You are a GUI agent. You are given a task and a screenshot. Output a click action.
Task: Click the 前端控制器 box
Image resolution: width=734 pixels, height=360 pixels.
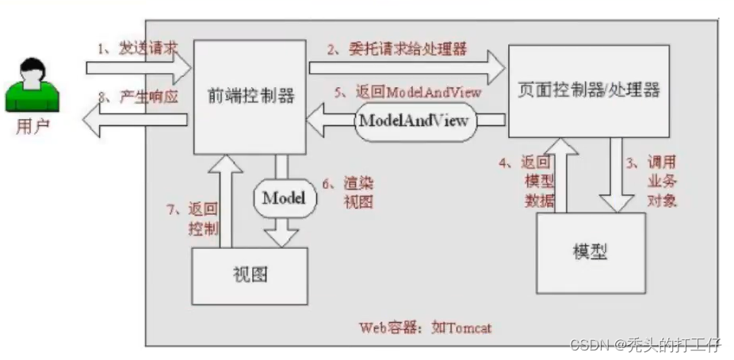tap(251, 96)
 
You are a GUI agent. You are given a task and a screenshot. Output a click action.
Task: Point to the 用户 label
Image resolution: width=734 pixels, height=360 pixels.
tap(32, 127)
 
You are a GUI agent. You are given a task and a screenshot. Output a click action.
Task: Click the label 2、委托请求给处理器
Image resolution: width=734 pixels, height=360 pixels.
tap(398, 49)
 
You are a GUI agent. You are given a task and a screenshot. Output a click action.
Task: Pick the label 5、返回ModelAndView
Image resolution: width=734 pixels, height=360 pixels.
tap(407, 92)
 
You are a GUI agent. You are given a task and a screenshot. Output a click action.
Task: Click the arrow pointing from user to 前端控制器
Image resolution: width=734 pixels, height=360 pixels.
tap(139, 67)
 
